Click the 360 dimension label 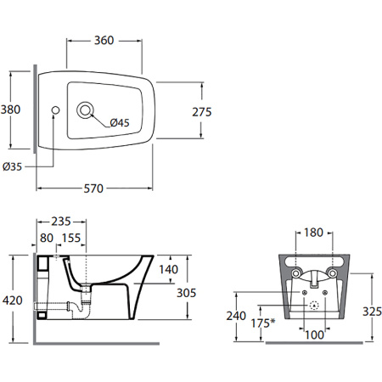click(x=104, y=41)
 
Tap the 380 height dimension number click(x=10, y=110)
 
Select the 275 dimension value click(x=202, y=112)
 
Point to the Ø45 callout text click(x=120, y=122)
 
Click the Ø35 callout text click(x=12, y=166)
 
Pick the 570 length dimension click(x=93, y=188)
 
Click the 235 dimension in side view click(x=61, y=222)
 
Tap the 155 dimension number click(x=71, y=238)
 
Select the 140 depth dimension click(x=169, y=269)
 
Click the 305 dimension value click(x=187, y=293)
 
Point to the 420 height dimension click(x=13, y=301)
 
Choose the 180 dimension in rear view click(x=313, y=233)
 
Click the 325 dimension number click(x=372, y=312)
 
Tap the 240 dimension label click(x=236, y=316)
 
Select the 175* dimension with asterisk click(x=263, y=323)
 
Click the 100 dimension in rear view click(x=314, y=335)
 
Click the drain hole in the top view click(x=85, y=110)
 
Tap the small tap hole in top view click(x=56, y=110)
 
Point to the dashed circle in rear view click(x=314, y=306)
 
